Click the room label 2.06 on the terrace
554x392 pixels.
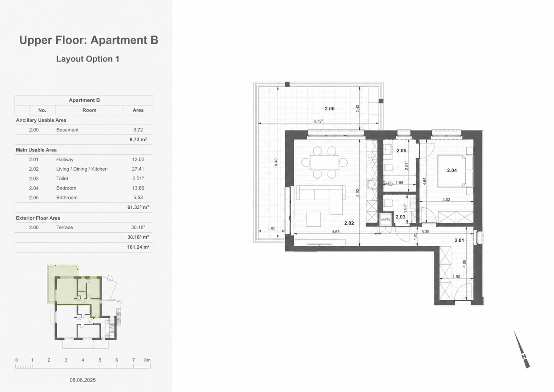tap(330, 108)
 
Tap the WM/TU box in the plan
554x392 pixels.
tap(385, 219)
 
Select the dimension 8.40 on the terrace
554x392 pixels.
tap(276, 162)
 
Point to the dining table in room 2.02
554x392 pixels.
tap(324, 162)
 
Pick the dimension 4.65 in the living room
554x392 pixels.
tap(336, 232)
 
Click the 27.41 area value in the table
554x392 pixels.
tap(138, 169)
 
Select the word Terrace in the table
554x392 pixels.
tap(65, 227)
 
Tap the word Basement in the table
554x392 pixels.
tap(67, 130)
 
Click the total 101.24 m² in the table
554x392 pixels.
tap(138, 247)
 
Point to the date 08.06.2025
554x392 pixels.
tap(82, 380)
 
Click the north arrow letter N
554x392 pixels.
tap(523, 356)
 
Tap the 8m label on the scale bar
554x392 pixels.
tap(147, 360)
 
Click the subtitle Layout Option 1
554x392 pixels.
tap(88, 59)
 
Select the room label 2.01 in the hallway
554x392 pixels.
tap(459, 240)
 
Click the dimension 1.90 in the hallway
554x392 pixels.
tap(456, 277)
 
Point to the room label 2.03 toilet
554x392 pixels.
tap(401, 217)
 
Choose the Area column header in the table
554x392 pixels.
tap(138, 110)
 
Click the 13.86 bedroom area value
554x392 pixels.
tap(138, 188)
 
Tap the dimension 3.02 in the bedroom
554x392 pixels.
tap(446, 200)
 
